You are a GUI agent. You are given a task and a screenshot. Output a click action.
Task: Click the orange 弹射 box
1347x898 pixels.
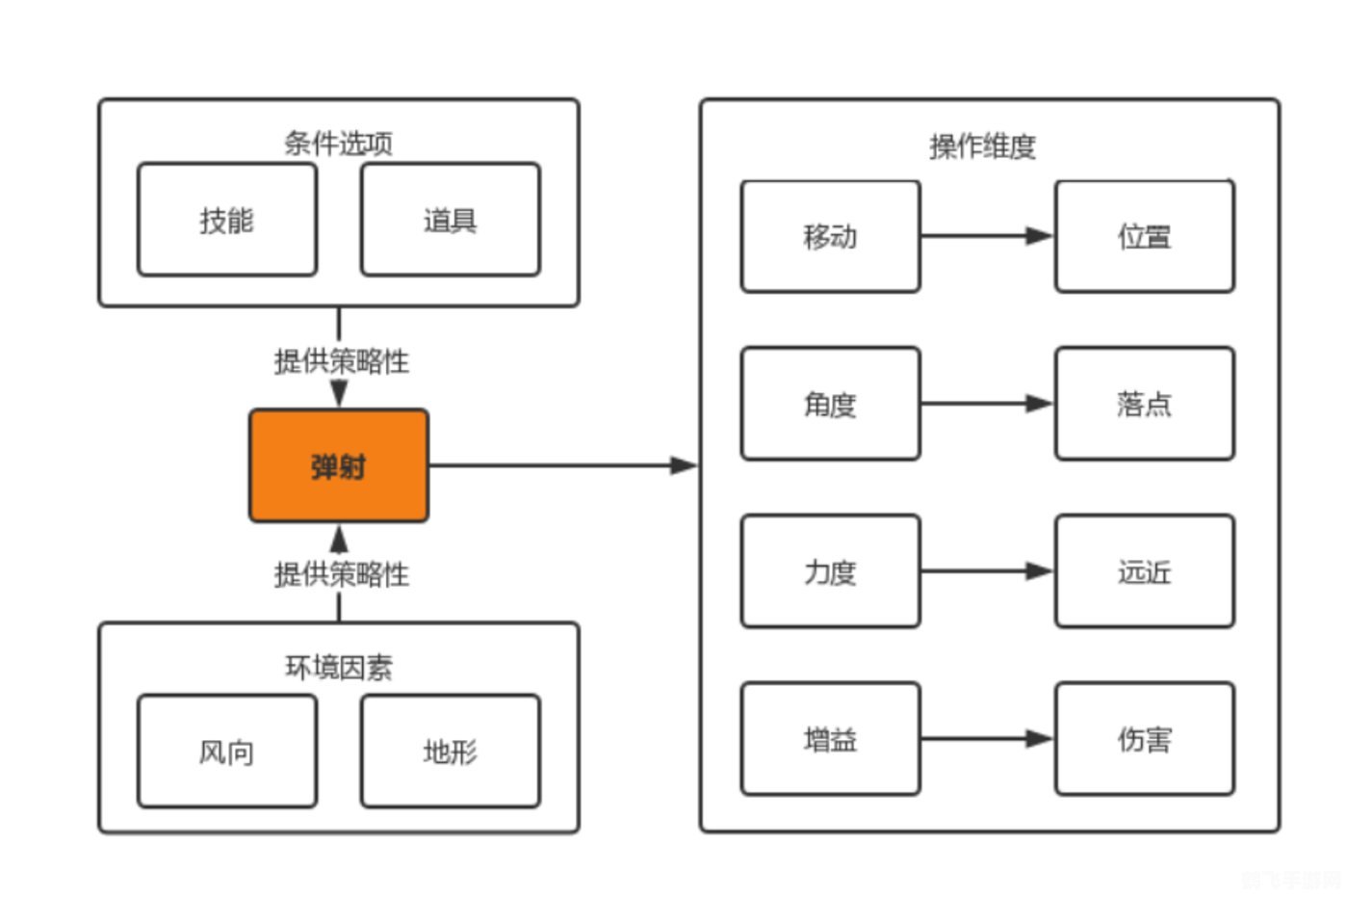(338, 466)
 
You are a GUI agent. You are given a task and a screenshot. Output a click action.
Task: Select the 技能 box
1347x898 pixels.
(226, 220)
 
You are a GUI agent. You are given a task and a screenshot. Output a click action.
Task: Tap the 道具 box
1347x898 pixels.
(450, 220)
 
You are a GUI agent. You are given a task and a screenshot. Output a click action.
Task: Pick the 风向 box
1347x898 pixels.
(226, 751)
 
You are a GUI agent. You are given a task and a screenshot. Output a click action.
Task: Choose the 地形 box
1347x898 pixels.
(450, 751)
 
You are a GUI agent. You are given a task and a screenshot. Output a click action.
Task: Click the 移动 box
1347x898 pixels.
(830, 236)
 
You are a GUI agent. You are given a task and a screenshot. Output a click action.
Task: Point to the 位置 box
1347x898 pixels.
(1144, 236)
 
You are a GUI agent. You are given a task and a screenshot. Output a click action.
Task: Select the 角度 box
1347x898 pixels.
(830, 404)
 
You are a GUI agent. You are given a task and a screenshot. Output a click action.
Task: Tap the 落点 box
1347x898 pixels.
(1144, 404)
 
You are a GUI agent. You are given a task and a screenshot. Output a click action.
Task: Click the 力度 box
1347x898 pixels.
(830, 571)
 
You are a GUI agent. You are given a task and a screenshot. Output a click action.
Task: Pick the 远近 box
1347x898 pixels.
(1144, 571)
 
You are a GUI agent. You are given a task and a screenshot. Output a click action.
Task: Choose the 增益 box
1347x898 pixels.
(830, 739)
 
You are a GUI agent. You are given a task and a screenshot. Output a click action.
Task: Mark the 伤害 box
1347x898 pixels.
(1144, 739)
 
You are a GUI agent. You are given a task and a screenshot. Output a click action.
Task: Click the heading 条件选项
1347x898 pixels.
(338, 144)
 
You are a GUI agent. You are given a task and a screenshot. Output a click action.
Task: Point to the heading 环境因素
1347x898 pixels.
(338, 667)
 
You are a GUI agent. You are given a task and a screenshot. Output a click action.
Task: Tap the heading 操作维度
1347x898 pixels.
(982, 146)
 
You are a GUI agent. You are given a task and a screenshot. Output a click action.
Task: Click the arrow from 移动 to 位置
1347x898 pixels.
(987, 236)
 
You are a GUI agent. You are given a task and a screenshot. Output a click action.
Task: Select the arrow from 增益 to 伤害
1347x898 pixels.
(987, 739)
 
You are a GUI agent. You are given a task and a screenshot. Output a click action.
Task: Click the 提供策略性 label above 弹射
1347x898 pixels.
(341, 361)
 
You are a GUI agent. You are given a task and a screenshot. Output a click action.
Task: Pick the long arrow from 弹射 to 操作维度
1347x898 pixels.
(563, 466)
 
